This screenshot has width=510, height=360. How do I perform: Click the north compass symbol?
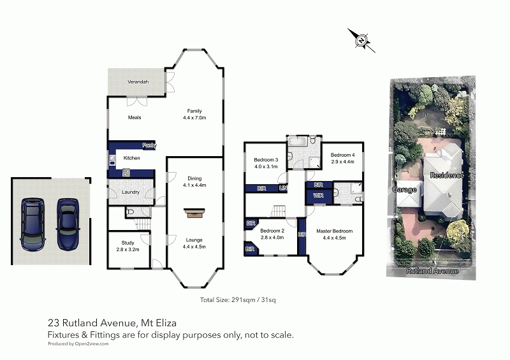click(x=361, y=40)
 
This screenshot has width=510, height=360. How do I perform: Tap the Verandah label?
click(x=138, y=82)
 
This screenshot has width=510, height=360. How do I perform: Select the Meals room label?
click(x=135, y=117)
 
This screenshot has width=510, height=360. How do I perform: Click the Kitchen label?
click(x=131, y=158)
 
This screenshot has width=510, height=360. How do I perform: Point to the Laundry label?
click(x=130, y=192)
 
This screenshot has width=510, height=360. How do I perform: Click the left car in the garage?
click(x=31, y=224)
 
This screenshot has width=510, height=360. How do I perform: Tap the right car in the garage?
click(x=67, y=223)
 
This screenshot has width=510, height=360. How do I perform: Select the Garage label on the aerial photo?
click(x=405, y=189)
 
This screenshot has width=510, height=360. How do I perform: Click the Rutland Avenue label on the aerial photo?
click(x=432, y=271)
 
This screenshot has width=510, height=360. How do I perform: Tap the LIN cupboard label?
click(x=282, y=188)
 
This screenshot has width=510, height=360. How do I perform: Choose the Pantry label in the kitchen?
click(x=149, y=145)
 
